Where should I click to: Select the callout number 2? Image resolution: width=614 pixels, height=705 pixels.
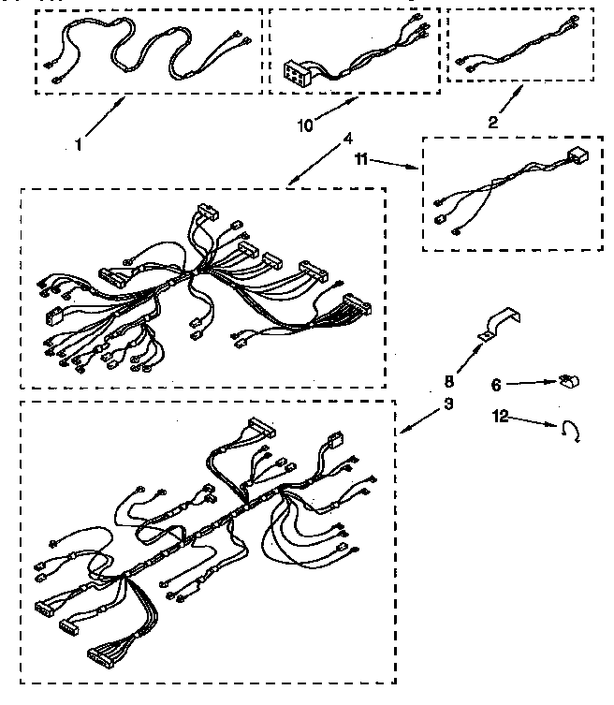tap(493, 121)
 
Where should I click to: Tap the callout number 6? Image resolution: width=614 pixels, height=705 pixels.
tap(498, 384)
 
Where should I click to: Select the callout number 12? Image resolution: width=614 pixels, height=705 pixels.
tap(501, 417)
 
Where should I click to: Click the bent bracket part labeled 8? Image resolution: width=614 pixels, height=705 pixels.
tap(500, 322)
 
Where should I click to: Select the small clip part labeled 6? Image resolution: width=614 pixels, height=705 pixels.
tap(567, 380)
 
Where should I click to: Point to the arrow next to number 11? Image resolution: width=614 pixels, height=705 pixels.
tap(397, 165)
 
